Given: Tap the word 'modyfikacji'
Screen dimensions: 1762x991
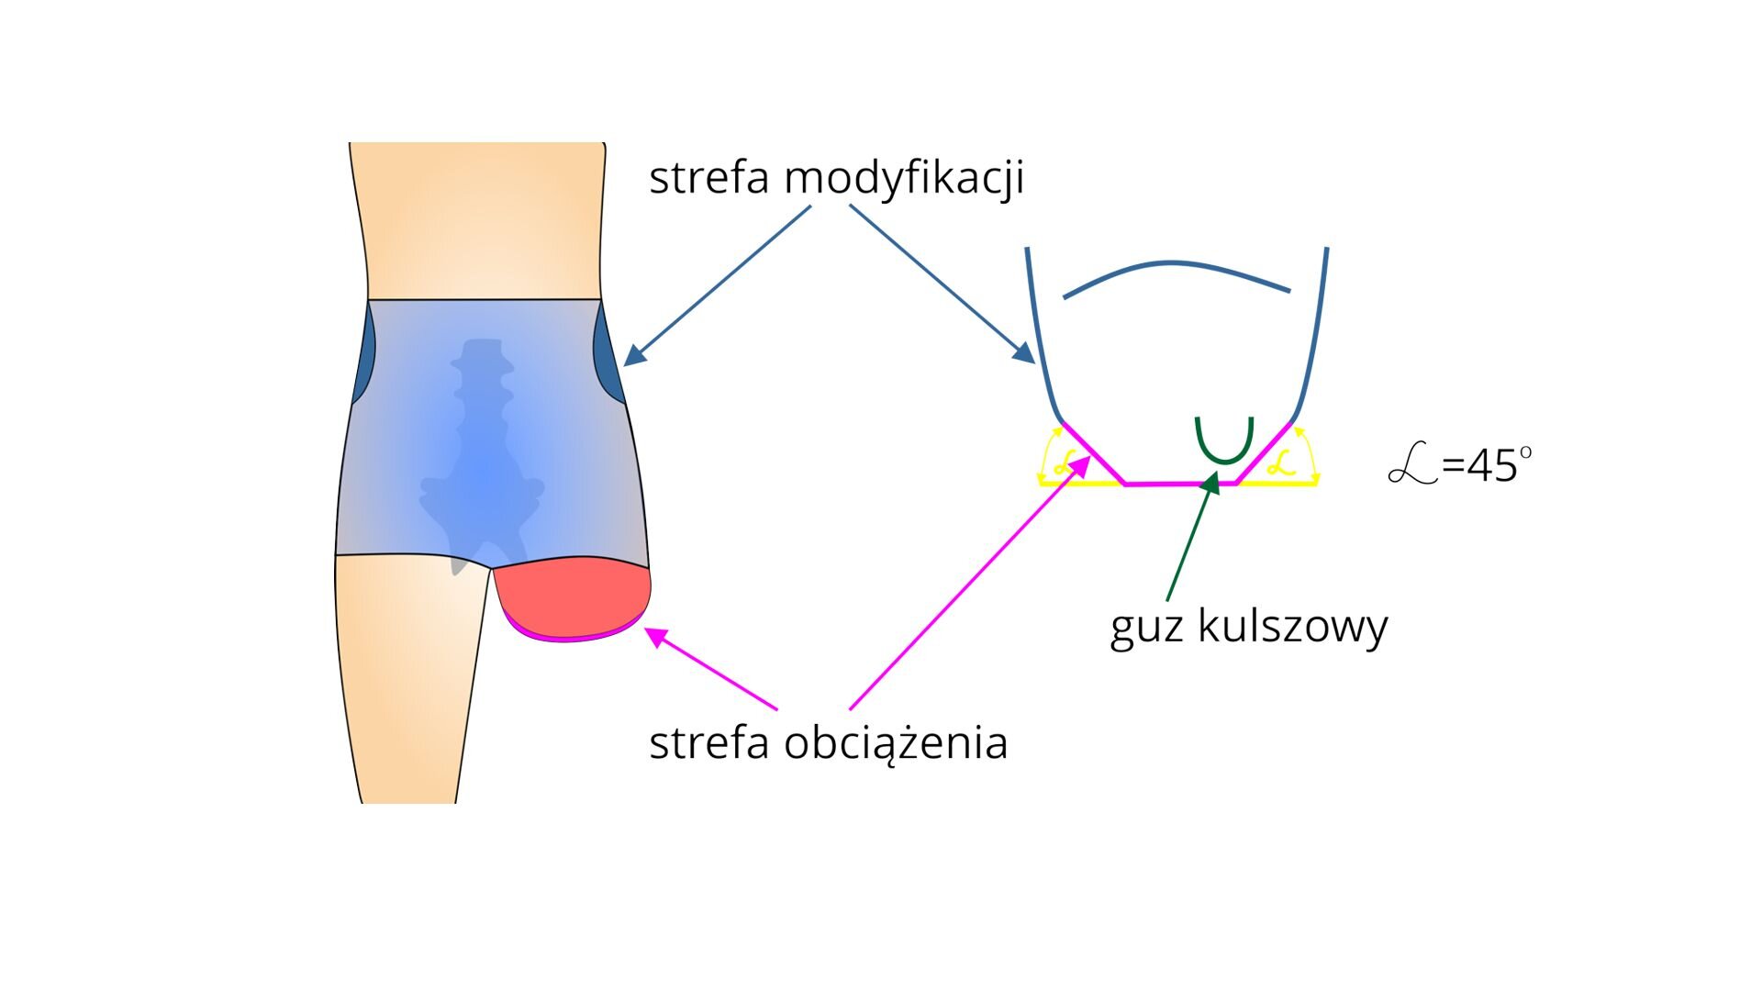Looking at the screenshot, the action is [x=903, y=179].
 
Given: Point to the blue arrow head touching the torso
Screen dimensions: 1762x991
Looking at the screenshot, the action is [x=634, y=357].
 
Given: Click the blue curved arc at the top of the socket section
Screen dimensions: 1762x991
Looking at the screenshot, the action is [x=1175, y=267].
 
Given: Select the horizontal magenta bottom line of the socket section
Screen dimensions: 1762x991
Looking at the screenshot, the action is [x=1180, y=483].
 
